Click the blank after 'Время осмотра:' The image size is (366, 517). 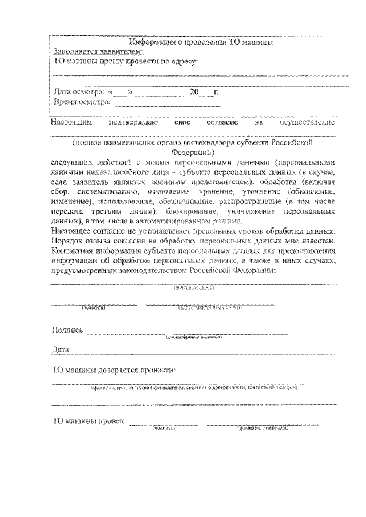pos(168,103)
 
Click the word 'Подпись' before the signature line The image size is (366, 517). pos(67,330)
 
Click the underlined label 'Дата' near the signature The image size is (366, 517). pos(61,348)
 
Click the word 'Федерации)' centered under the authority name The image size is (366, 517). pos(193,153)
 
